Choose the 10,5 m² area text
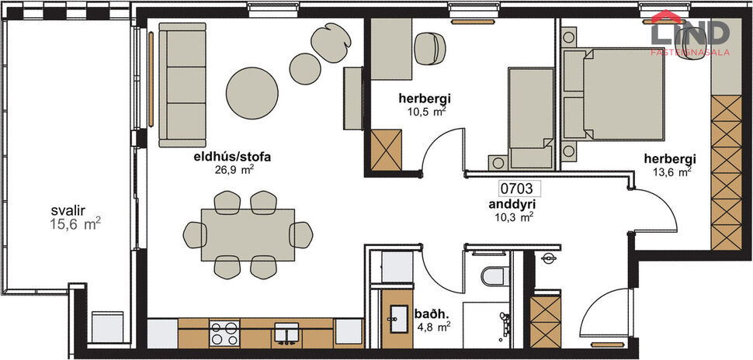pyautogui.click(x=425, y=111)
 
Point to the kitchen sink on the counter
pyautogui.click(x=286, y=333)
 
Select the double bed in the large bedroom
pyautogui.click(x=622, y=94)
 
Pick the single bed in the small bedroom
pyautogui.click(x=530, y=116)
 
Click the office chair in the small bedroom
pyautogui.click(x=427, y=48)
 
